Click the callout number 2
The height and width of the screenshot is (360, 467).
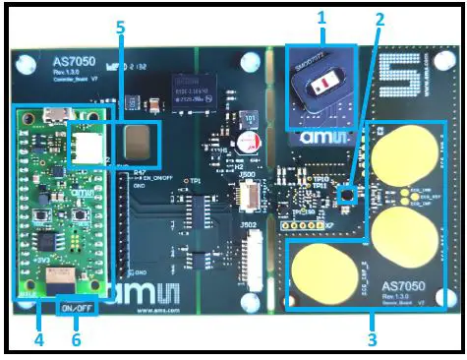379,19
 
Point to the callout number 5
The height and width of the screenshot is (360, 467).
120,28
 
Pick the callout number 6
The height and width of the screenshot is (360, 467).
75,338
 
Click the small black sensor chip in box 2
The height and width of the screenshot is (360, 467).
346,195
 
